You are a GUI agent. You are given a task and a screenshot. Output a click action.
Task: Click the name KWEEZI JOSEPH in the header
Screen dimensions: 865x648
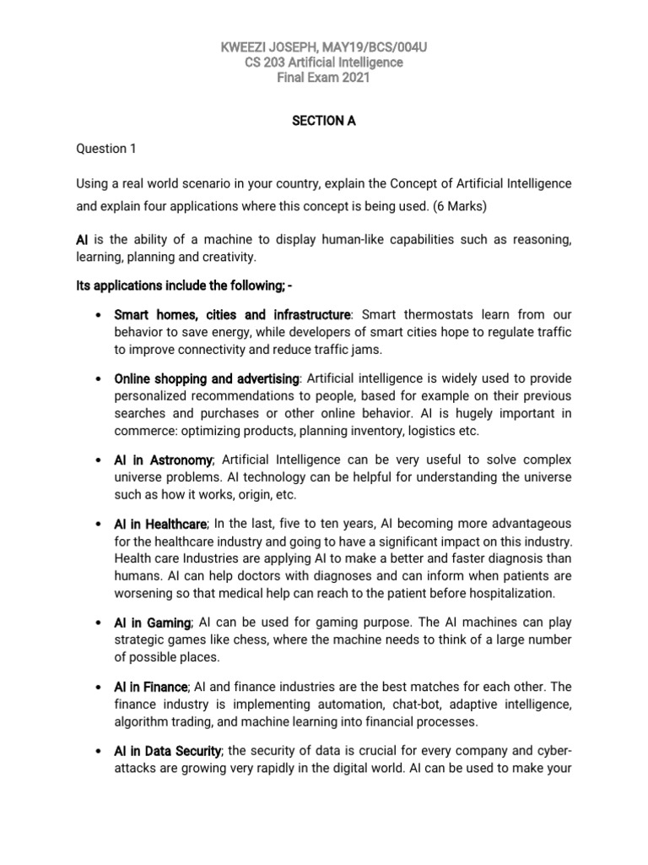(x=269, y=46)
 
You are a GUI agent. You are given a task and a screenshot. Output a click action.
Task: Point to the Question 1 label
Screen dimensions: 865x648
(x=105, y=149)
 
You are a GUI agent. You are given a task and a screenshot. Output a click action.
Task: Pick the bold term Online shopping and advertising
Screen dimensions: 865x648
(x=206, y=378)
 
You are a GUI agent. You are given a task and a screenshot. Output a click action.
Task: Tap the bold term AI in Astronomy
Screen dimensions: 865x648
(x=164, y=459)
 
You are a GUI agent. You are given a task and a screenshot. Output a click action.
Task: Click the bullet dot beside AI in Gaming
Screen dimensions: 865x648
(x=100, y=623)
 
